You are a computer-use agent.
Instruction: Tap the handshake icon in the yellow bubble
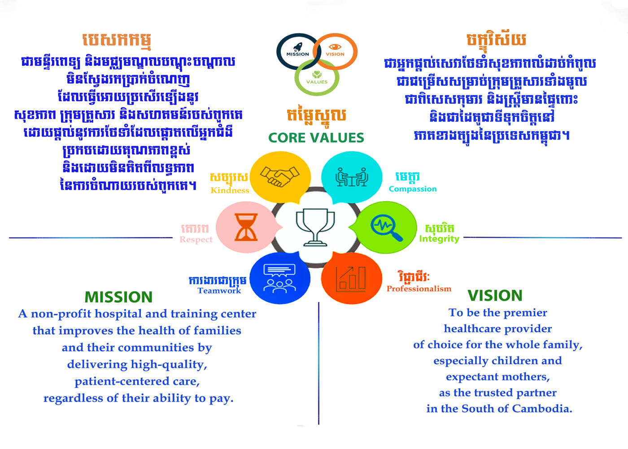pos(279,176)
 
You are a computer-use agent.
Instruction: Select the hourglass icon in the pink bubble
pos(246,227)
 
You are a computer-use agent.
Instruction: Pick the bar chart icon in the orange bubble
pos(351,279)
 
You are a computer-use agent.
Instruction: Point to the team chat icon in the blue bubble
pos(279,278)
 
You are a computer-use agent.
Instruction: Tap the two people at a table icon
pos(352,177)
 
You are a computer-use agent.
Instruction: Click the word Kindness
pos(230,190)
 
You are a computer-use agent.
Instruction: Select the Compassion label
pos(413,189)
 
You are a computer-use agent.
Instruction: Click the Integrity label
pos(439,239)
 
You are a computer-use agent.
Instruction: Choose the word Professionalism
pos(419,289)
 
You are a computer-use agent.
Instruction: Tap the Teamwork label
pos(219,291)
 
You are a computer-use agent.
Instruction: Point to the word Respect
pos(196,240)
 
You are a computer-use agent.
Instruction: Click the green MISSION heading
pos(118,297)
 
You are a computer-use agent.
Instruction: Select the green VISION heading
pos(495,295)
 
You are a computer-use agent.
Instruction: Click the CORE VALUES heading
pos(316,138)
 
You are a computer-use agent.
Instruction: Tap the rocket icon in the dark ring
pos(298,47)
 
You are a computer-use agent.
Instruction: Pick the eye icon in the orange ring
pos(335,47)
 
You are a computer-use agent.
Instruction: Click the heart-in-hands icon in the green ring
pos(317,75)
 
